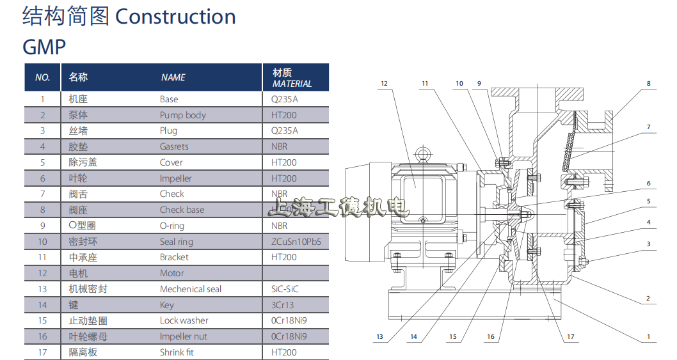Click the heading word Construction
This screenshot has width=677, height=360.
175,17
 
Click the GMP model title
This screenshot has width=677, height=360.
44,47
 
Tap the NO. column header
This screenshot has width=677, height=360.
43,77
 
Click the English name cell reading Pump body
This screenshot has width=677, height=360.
183,115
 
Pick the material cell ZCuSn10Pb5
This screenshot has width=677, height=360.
296,242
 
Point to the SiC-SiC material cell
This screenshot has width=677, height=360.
285,289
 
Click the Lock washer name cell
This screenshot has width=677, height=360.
184,320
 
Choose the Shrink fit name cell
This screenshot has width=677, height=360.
177,352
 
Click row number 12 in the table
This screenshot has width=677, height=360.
43,273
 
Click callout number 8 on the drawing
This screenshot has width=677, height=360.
648,83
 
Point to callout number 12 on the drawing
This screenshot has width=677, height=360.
384,83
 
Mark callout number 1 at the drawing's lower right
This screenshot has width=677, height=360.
648,336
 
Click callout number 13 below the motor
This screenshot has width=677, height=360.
379,336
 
